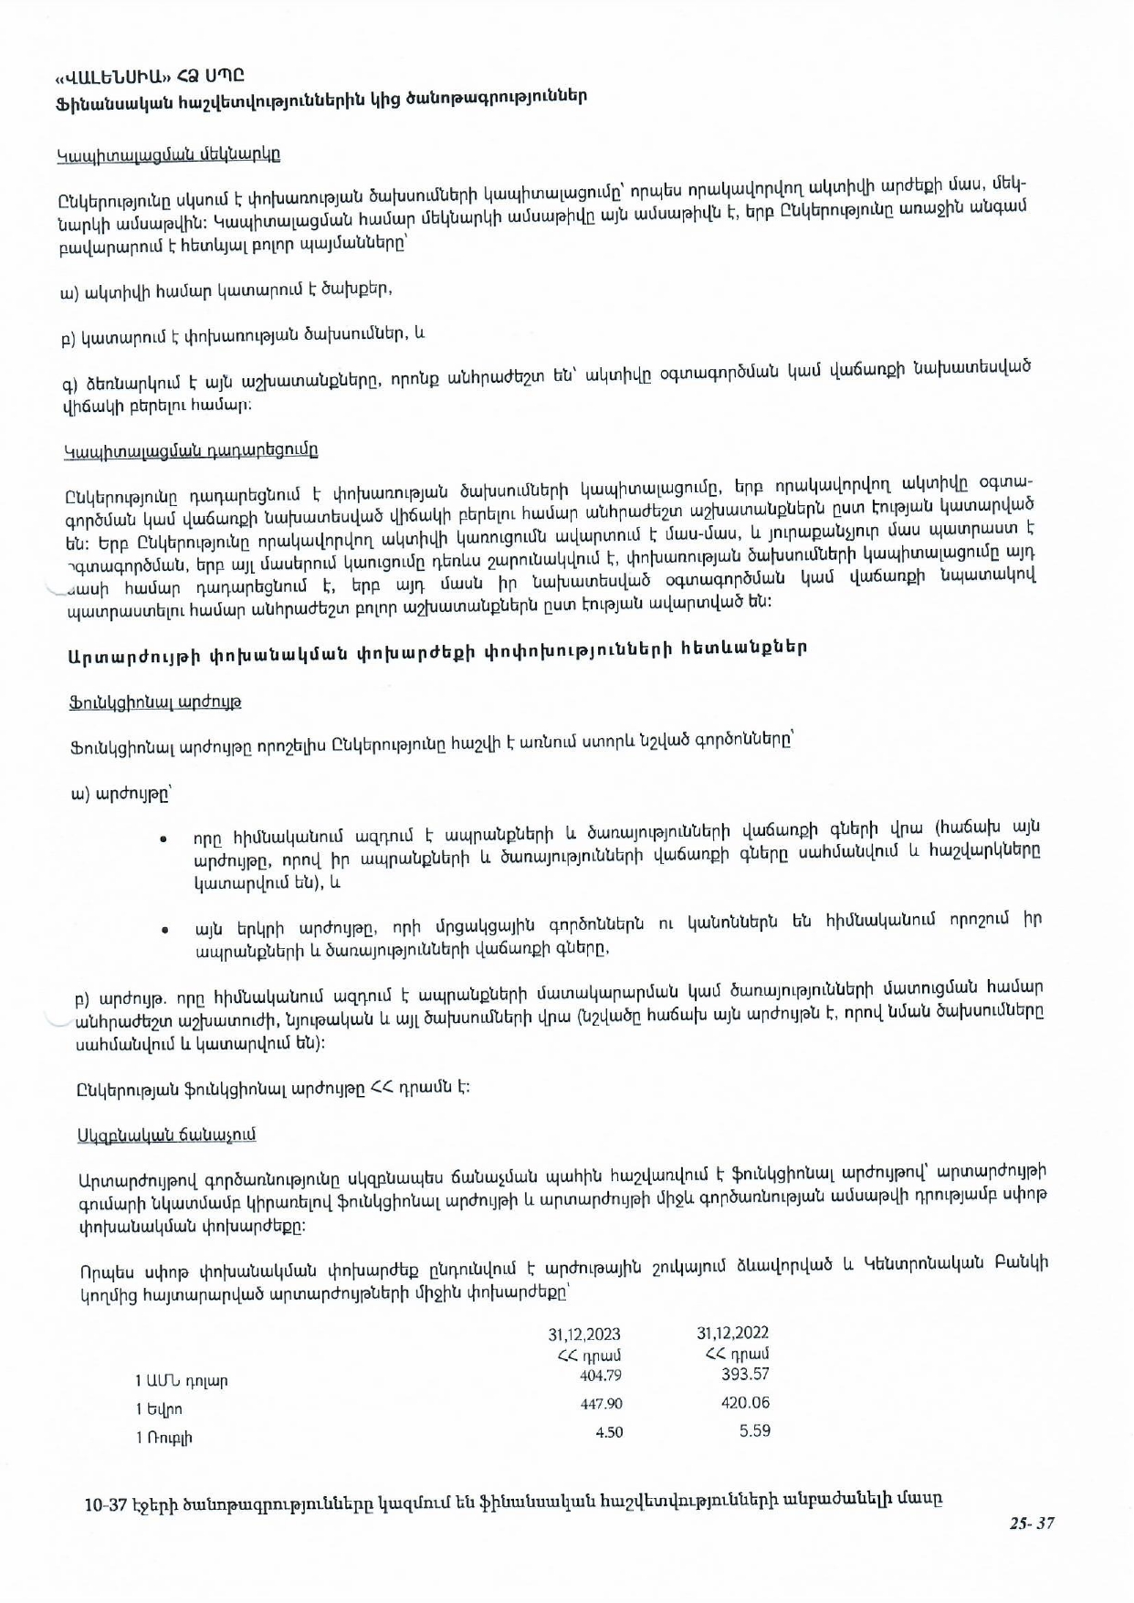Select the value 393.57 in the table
[x=745, y=1374]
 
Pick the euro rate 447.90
[x=601, y=1404]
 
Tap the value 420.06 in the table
[x=745, y=1403]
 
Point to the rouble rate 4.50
[x=609, y=1432]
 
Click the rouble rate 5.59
[x=754, y=1431]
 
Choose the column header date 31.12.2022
[x=732, y=1334]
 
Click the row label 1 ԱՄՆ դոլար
[x=182, y=1381]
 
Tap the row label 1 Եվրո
[x=159, y=1409]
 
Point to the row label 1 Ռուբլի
[x=164, y=1438]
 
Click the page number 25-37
[x=1032, y=1523]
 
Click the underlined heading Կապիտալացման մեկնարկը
[x=169, y=154]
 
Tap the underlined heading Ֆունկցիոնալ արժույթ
[x=155, y=702]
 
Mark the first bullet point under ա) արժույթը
[x=163, y=838]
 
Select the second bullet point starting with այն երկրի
[x=164, y=930]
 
